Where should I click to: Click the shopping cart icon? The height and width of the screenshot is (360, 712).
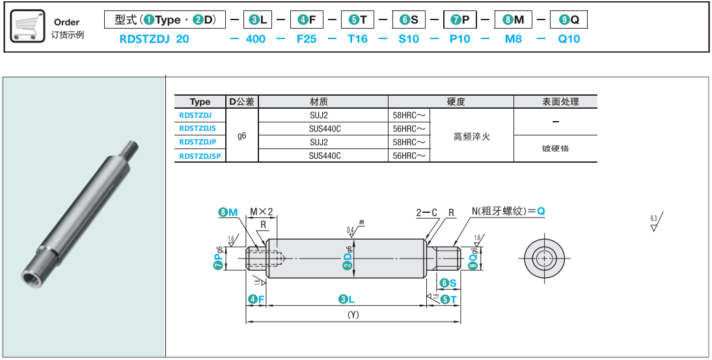coord(29,27)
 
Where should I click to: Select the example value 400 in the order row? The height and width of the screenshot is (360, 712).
coord(256,39)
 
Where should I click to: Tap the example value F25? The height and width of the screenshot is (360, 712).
coord(307,39)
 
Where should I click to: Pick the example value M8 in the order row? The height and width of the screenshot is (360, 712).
coord(513,39)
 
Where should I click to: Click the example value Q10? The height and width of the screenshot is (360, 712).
coord(569,39)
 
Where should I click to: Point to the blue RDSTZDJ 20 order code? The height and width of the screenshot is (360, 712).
coord(154,39)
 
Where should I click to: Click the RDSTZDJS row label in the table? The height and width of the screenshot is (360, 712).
coord(197,128)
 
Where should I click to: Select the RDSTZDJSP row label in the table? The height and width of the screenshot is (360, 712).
coord(200,156)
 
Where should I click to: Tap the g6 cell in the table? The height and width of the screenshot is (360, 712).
coord(242,135)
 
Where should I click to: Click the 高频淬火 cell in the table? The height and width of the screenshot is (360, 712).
coord(471,136)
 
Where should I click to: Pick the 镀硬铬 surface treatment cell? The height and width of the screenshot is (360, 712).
coord(555,148)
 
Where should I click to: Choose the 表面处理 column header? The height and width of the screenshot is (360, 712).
coord(555,102)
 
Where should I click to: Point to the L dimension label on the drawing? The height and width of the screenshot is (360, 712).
coord(346,299)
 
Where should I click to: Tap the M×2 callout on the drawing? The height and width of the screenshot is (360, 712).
coord(261,212)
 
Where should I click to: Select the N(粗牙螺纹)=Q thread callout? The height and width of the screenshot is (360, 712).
coord(508,212)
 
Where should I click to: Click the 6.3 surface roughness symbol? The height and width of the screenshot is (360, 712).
coord(654,222)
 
